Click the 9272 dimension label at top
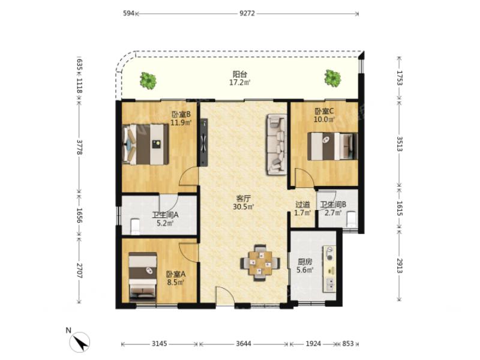click(247, 13)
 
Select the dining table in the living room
click(260, 262)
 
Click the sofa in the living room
click(277, 144)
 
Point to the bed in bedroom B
click(146, 144)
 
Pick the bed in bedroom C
click(332, 146)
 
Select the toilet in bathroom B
click(352, 219)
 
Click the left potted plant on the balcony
click(148, 80)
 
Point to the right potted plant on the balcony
click(332, 78)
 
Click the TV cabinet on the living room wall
click(203, 142)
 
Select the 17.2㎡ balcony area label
click(239, 82)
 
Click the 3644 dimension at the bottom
click(244, 344)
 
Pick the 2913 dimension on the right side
click(400, 265)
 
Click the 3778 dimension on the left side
click(79, 147)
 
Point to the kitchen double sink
click(330, 284)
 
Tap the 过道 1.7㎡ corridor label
click(303, 208)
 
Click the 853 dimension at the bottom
click(348, 344)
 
